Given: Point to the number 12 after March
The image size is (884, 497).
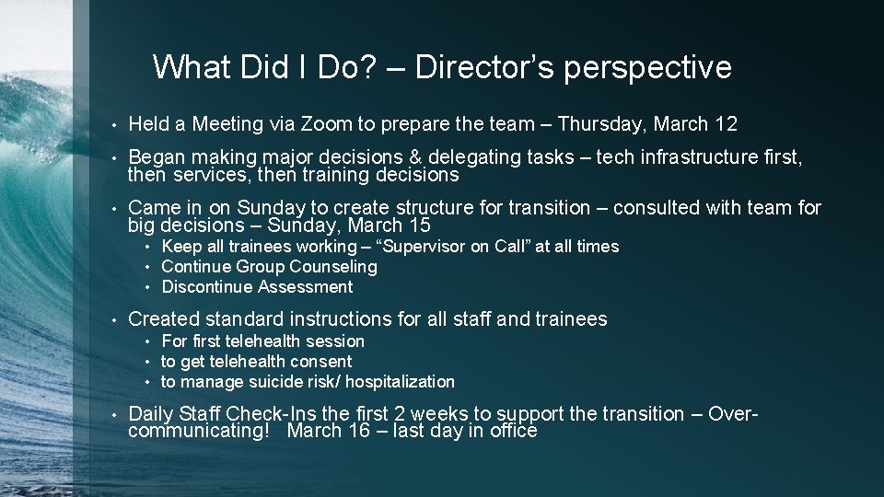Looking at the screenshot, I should pyautogui.click(x=725, y=123).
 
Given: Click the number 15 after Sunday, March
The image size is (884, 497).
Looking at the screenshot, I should pyautogui.click(x=417, y=225).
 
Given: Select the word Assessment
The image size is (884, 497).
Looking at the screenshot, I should pyautogui.click(x=305, y=287).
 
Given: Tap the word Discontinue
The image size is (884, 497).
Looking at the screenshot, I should pyautogui.click(x=207, y=287).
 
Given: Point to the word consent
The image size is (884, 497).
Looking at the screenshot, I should pyautogui.click(x=322, y=362).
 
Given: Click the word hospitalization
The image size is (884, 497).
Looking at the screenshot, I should pyautogui.click(x=400, y=382).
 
